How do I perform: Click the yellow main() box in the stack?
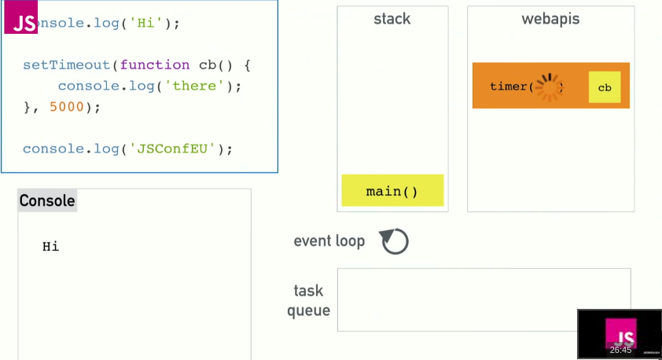pos(392,191)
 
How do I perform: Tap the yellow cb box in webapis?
pos(605,87)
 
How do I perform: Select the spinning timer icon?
pos(549,86)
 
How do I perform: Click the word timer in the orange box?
pos(508,86)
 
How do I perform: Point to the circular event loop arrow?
pos(395,241)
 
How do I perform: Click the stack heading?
pos(392,18)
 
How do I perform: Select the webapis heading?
pos(550,18)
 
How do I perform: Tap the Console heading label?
pos(47,200)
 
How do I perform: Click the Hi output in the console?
pos(51,247)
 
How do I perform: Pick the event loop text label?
pos(329,241)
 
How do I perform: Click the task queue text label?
pos(309,301)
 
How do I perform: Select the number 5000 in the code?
pos(66,107)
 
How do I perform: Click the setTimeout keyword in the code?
pos(67,65)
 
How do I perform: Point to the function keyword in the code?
pos(155,65)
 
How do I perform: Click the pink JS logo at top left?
pos(21,20)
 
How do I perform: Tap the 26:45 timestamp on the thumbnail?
pos(620,350)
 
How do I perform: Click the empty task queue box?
pos(484,299)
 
